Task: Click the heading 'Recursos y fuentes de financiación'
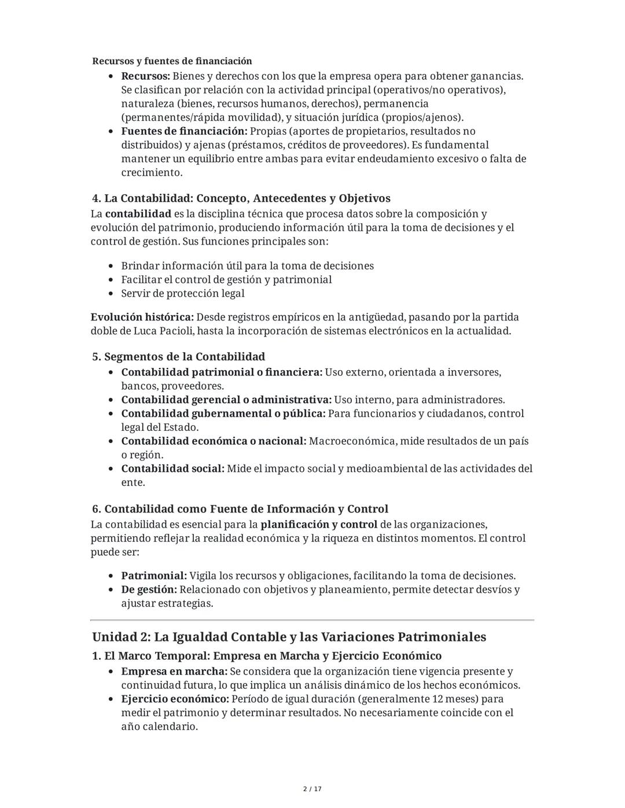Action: point(172,61)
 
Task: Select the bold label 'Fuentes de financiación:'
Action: point(184,131)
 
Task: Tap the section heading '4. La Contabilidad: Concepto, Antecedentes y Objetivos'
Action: point(241,198)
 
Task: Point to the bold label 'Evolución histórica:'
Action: point(142,318)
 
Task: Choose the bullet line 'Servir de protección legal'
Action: point(183,293)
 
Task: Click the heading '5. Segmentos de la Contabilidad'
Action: point(178,357)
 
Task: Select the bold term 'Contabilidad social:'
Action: point(172,468)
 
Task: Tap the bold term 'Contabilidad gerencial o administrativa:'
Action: point(226,400)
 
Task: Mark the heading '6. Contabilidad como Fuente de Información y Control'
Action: point(240,509)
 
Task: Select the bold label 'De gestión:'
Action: point(149,589)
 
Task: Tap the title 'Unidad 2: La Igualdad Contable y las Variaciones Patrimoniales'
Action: point(289,637)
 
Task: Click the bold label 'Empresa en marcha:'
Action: point(174,672)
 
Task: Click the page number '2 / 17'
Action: point(312,789)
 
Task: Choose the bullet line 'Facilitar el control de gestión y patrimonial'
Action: point(226,280)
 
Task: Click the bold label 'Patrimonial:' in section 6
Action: point(154,576)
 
